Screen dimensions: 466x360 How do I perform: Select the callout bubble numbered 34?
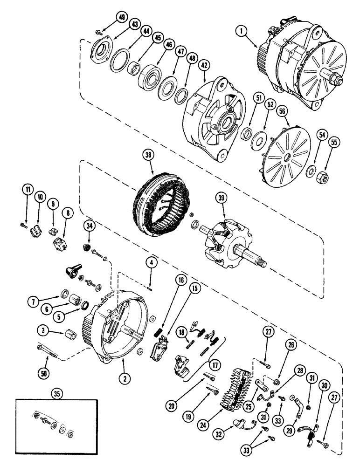89,227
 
